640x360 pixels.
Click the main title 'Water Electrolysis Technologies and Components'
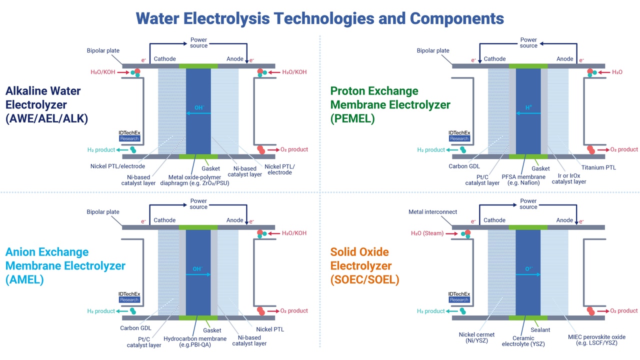(x=320, y=18)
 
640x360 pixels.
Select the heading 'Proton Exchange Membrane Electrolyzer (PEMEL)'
(x=390, y=105)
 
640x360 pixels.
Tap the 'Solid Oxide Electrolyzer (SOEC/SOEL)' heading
(x=364, y=266)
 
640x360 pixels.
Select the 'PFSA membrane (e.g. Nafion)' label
(x=523, y=179)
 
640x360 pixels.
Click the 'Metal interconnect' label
(x=432, y=212)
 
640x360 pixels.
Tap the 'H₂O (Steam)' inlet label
(x=427, y=233)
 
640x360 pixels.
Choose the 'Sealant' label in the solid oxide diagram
(x=540, y=329)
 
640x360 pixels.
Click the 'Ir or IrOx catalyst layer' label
(x=568, y=178)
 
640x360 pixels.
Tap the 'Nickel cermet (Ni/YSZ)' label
(x=476, y=338)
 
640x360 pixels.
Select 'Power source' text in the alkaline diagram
(x=198, y=42)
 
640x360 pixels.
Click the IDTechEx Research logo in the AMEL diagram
(x=129, y=297)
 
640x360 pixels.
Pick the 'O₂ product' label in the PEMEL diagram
(x=624, y=149)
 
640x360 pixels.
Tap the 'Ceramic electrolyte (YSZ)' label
(x=523, y=341)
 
